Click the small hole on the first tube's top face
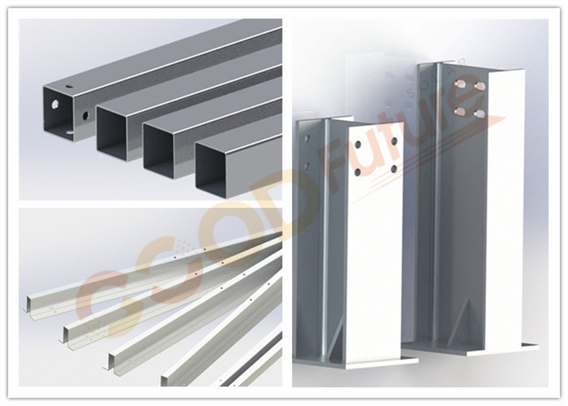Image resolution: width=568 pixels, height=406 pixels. coord(69,87)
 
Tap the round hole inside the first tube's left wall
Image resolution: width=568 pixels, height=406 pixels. coord(55,105)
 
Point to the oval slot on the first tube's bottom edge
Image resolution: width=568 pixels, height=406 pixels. coord(70,134)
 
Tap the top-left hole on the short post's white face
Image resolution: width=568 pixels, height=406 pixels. coord(358,145)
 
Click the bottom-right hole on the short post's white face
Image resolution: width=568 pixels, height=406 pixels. coord(394,168)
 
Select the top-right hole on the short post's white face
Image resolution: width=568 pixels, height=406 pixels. coord(394,141)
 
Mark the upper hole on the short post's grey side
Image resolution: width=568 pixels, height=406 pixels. coord(308,138)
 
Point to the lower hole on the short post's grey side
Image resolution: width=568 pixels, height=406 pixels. coord(308,166)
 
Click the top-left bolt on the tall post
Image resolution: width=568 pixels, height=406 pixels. coord(460,84)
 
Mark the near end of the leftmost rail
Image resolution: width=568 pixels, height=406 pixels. coord(29,304)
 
